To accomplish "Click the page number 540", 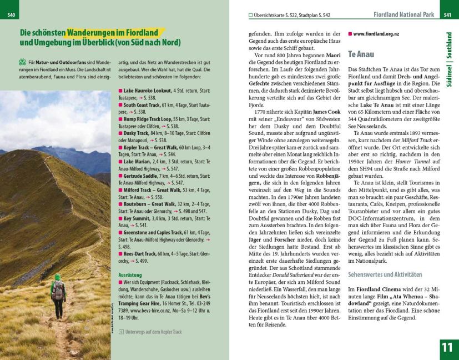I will pyautogui.click(x=11, y=14).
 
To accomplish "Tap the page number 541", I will pyautogui.click(x=447, y=14).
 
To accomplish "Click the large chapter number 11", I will pyautogui.click(x=447, y=348).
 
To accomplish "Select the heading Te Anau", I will pyautogui.click(x=361, y=54).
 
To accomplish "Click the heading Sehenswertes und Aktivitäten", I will pyautogui.click(x=385, y=274).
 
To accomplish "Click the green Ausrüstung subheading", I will pyautogui.click(x=130, y=274).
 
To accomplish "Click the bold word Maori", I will pyautogui.click(x=333, y=55).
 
